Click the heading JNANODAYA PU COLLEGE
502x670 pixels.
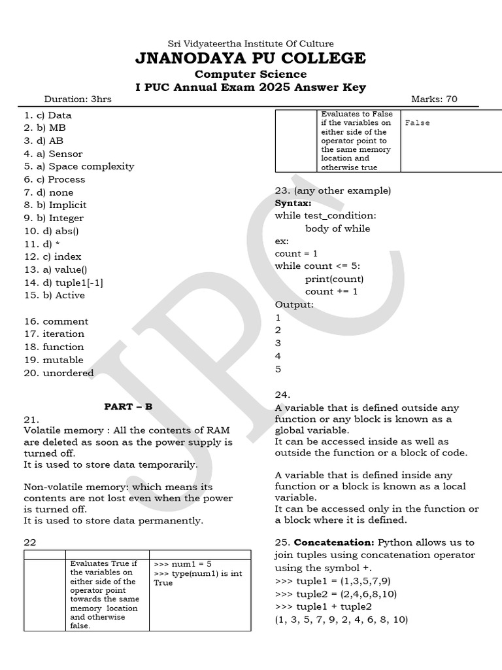click(250, 58)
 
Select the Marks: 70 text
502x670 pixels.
click(434, 99)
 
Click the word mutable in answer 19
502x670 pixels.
click(63, 360)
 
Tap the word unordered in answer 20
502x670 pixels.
click(68, 373)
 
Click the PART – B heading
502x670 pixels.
click(128, 406)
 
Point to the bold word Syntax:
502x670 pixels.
click(293, 203)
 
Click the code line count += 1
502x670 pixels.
click(331, 292)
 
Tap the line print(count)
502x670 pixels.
click(334, 279)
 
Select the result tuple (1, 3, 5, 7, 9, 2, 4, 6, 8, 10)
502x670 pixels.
click(341, 619)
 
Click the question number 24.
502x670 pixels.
click(282, 395)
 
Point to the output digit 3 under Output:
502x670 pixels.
click(278, 343)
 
